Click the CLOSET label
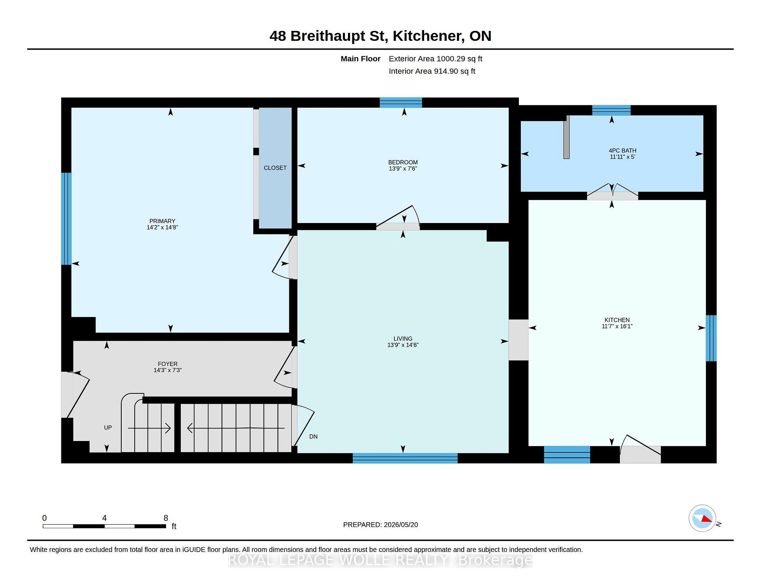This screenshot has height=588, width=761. tap(275, 168)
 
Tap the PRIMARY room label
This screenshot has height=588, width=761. tap(162, 221)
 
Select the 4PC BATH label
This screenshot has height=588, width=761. tap(622, 151)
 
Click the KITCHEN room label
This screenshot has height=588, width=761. tap(617, 320)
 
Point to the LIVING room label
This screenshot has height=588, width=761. tap(403, 339)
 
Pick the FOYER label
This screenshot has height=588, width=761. tap(168, 364)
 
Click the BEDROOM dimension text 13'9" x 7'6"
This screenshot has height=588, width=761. tap(403, 169)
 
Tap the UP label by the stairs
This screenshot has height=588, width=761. tap(108, 428)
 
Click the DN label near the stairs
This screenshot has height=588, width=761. tap(313, 437)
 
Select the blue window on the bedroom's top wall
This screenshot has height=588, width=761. tap(401, 103)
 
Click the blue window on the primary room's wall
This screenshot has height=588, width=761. tap(66, 219)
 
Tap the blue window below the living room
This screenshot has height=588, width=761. tap(405, 458)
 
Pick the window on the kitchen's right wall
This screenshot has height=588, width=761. tap(711, 338)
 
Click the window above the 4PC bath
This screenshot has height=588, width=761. tap(611, 110)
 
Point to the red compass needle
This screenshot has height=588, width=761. tap(706, 519)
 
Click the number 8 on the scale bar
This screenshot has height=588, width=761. tap(166, 518)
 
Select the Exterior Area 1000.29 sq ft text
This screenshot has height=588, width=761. tap(435, 59)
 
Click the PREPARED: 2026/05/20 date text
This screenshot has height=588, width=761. tap(380, 525)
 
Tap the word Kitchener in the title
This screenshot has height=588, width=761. tap(428, 36)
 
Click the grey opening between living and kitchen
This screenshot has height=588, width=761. tap(518, 340)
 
